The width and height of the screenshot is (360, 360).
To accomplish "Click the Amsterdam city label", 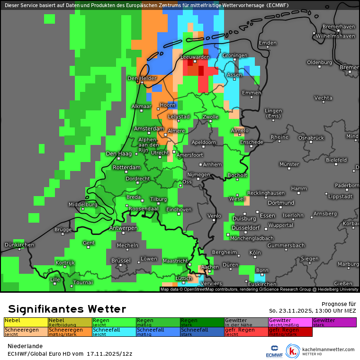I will coord(149,128).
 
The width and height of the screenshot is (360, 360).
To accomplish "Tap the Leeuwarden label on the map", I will coord(195,57).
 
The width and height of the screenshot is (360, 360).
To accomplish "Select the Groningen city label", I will coord(235,55).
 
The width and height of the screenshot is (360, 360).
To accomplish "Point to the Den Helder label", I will coord(142,78).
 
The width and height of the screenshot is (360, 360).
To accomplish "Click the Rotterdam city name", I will coord(127,167).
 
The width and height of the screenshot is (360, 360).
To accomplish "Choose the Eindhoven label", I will coord(179,209).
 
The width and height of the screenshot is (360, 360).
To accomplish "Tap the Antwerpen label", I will coord(123,228).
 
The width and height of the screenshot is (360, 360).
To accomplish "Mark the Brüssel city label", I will coord(121,261).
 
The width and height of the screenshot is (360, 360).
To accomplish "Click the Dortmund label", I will coord(281,203).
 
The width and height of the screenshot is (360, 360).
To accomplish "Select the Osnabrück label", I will coord(311,137).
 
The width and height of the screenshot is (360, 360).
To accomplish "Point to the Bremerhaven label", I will coord(338,27).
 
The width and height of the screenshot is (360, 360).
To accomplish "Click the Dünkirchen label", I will coord(19,244).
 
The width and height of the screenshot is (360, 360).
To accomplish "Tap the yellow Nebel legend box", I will coord(26,322).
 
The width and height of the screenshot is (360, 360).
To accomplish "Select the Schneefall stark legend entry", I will coord(202,332).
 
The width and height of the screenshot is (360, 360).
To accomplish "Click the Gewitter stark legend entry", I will coord(334,322).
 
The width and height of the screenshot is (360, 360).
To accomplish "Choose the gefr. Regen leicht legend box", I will coord(246,332).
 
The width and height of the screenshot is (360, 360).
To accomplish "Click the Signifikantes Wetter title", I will coord(67,309).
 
